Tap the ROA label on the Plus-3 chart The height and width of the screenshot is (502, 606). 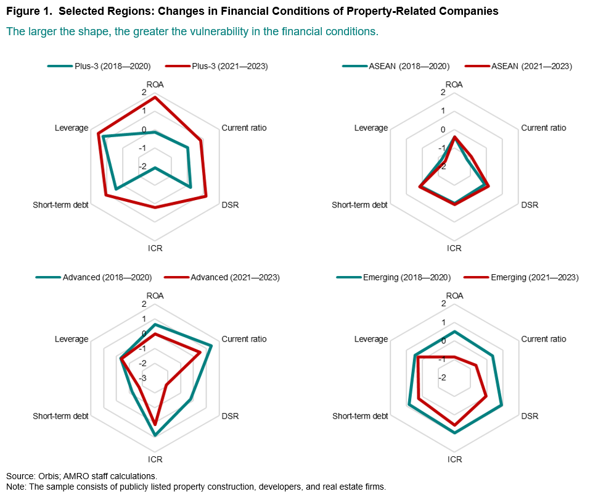click(x=155, y=85)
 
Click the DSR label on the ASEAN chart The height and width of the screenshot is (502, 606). click(x=530, y=205)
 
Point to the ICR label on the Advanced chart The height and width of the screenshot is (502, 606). click(x=155, y=459)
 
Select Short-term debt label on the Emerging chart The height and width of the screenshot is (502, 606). click(x=360, y=416)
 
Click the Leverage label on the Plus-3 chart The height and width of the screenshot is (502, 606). click(x=71, y=128)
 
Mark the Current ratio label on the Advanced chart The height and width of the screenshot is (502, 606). click(x=244, y=339)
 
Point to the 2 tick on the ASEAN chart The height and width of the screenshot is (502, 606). click(x=443, y=93)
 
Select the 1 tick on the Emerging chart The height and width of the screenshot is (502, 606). click(x=443, y=322)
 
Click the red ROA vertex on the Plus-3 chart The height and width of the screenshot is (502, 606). click(x=155, y=98)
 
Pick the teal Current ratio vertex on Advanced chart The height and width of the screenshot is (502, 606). click(x=211, y=345)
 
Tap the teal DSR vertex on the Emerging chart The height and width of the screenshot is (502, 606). click(x=501, y=406)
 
